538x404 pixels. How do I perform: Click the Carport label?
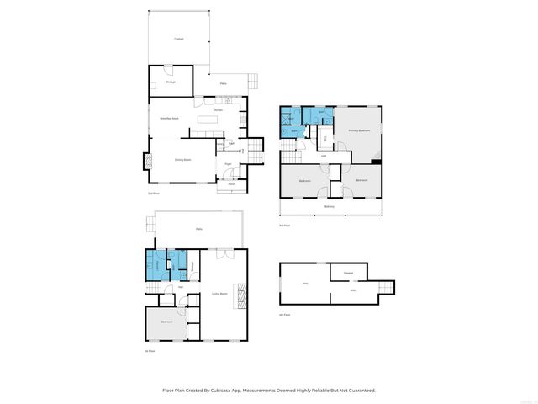pos(178,39)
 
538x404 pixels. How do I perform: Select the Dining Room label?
pos(182,159)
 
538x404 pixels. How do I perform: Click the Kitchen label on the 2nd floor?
pos(218,110)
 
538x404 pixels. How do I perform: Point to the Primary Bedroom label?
pos(360,131)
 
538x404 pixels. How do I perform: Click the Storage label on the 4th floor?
pos(347,272)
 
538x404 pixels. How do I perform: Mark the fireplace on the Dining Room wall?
pos(145,161)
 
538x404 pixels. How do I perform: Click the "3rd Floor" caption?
pos(284,226)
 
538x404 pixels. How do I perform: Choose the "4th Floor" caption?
pos(284,315)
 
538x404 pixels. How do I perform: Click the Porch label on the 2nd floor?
pos(231,183)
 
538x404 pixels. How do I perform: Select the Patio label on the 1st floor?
pos(199,229)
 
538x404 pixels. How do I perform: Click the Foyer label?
pos(228,163)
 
